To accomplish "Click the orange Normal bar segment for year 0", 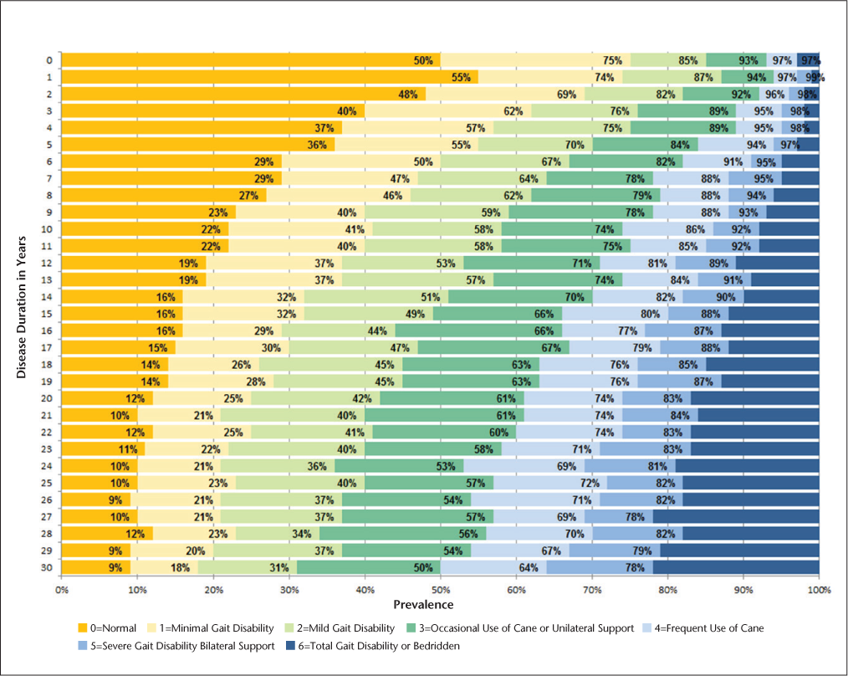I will (251, 60).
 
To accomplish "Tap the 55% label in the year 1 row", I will (461, 77).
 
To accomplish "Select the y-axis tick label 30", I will (49, 567).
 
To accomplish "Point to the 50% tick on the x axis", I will (441, 590).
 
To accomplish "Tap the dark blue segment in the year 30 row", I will (735, 567).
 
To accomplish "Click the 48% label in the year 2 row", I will (408, 94).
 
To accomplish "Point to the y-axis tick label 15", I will (49, 314).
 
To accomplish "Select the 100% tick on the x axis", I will (819, 590).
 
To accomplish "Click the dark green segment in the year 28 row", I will (402, 534).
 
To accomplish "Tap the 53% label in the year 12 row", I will (446, 263).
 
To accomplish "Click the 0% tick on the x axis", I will (62, 590).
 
